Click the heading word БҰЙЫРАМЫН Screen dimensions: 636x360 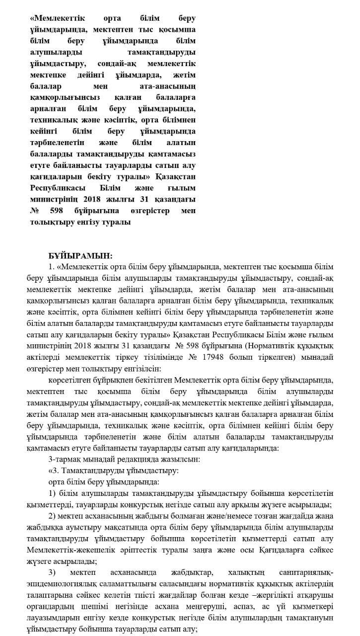click(80, 256)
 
